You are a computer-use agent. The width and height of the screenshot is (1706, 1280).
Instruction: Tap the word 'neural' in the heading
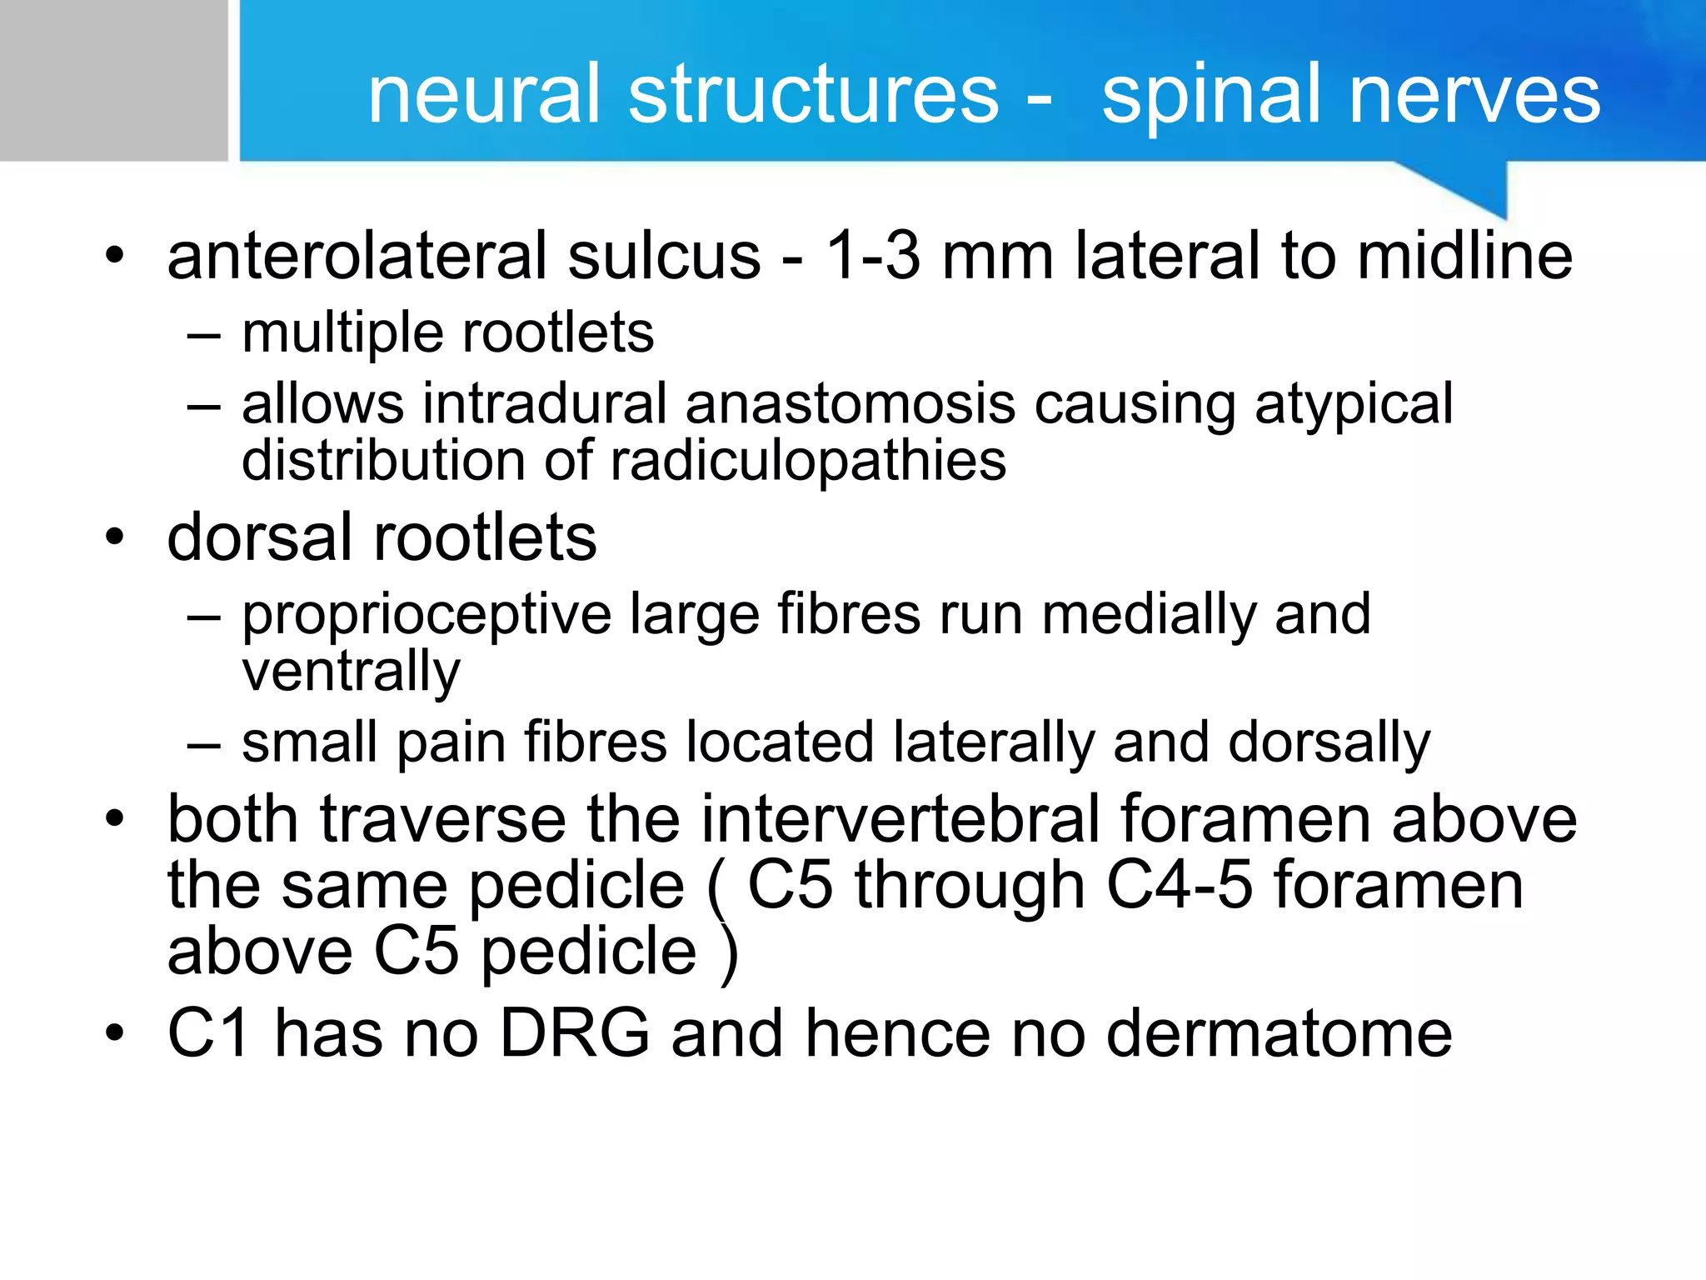click(484, 95)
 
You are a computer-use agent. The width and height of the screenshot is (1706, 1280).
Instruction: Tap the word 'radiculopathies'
click(808, 461)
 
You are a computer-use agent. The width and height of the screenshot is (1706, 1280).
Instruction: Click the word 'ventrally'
click(351, 672)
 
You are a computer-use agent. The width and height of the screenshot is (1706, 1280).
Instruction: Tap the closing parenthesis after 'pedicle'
click(729, 953)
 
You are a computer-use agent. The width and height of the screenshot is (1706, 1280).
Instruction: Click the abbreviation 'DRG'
click(575, 1033)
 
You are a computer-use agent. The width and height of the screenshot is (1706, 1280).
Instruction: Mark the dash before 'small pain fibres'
click(204, 742)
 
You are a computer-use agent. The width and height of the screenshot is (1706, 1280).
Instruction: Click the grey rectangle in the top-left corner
click(113, 80)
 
